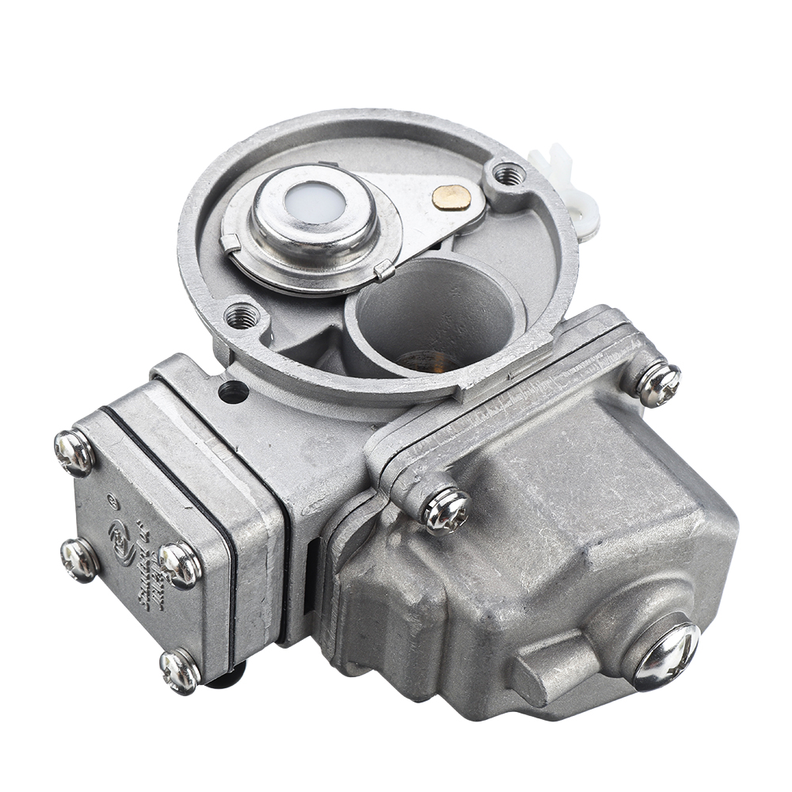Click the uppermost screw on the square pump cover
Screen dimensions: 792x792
point(74,452)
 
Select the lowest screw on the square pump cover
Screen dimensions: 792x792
point(180,671)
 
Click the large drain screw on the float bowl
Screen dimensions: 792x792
point(664,655)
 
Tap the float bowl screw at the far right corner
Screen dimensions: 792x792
point(658,383)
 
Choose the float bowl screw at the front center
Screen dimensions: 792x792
point(446,509)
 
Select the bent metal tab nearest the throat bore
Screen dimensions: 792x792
point(385,270)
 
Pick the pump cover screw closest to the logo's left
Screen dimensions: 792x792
point(80,558)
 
